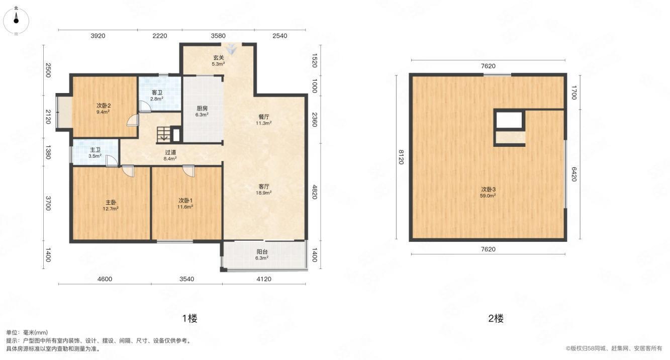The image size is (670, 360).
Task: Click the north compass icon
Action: pos(16,21)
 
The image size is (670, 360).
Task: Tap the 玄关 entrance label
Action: pos(218,60)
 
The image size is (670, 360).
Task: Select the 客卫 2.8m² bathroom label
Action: pos(157,96)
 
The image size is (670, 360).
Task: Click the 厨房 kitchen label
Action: pos(202,111)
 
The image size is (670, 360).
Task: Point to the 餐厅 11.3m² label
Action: pos(264,120)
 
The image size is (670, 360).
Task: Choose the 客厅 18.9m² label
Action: pos(264,190)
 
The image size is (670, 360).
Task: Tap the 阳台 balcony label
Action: pos(262,254)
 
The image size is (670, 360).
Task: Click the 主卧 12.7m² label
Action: pos(111,206)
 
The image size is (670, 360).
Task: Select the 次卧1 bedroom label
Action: pos(185,204)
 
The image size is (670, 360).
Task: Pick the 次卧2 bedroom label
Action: pos(103,109)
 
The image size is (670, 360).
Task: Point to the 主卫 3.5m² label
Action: pos(95,153)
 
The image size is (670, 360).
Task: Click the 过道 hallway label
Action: pos(170,155)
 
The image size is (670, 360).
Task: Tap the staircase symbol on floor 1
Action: pos(164,134)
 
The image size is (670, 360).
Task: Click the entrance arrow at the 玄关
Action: pos(231,47)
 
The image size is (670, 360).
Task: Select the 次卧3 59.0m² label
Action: pos(489,193)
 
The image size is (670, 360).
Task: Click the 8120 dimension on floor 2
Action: pos(402,157)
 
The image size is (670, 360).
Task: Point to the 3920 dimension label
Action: pos(98,36)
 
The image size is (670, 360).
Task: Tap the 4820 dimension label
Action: pos(314,192)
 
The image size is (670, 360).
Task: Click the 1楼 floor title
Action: pos(190,318)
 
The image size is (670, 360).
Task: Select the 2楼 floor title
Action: pos(496,318)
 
